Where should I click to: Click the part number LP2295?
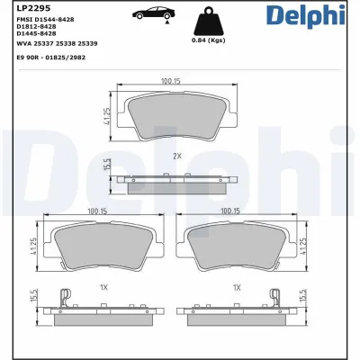point(20,8)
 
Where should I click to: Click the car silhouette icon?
point(153,14)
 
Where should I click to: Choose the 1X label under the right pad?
point(236,287)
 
